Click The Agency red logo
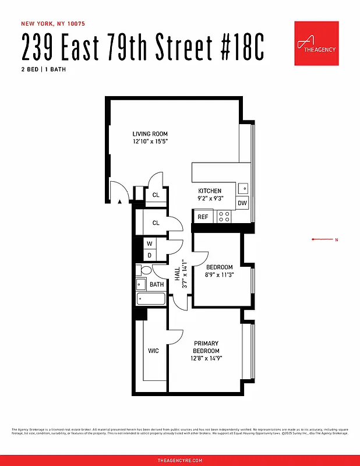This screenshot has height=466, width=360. [x=316, y=44]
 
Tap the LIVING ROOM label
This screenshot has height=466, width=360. [x=150, y=134]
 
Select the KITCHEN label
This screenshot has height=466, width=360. [x=210, y=191]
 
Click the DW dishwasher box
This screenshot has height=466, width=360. [x=242, y=203]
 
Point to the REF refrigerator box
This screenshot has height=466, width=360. [x=203, y=217]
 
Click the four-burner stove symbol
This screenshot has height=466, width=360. [x=224, y=217]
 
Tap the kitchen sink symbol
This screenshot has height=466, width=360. [x=243, y=189]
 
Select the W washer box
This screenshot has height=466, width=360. [x=149, y=243]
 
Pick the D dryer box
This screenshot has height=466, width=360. [x=149, y=255]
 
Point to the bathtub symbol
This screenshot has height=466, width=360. [x=150, y=299]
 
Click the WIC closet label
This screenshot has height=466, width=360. [x=153, y=351]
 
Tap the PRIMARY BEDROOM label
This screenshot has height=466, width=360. [x=206, y=347]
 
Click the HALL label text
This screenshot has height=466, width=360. [x=178, y=273]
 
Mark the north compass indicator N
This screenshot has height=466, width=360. [x=336, y=239]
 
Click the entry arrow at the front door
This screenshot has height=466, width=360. [x=119, y=202]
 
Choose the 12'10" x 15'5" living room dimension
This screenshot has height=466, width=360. [x=150, y=142]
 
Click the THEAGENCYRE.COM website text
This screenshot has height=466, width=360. [x=179, y=460]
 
